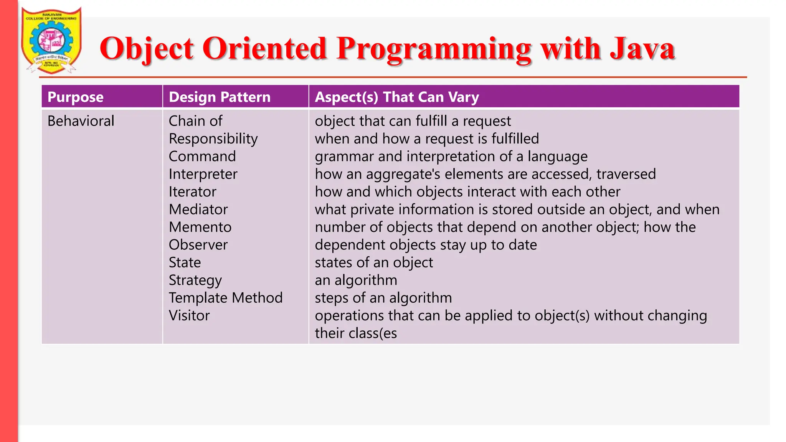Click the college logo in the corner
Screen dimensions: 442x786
pos(51,40)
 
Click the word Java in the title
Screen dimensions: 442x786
pos(642,49)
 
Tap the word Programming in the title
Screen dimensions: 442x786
pos(434,49)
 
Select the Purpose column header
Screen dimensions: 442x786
pos(76,97)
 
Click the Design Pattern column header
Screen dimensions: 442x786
pos(220,97)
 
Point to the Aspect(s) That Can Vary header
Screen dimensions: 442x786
pos(397,97)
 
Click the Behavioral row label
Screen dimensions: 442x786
pos(81,121)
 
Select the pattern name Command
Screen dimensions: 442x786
pos(202,157)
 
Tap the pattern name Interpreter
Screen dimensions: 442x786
pos(203,174)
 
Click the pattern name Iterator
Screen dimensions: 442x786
pos(192,192)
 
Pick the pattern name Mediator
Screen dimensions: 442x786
pos(198,209)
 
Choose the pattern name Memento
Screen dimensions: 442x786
pos(200,227)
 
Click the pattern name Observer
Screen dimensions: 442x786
pos(198,245)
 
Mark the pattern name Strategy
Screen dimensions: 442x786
pos(195,280)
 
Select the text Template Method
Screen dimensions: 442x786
pos(226,298)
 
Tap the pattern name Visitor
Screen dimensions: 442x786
pos(189,316)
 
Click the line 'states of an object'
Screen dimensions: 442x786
pos(374,263)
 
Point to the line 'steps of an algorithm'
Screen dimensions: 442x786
pos(383,298)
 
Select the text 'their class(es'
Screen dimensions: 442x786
pos(356,333)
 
